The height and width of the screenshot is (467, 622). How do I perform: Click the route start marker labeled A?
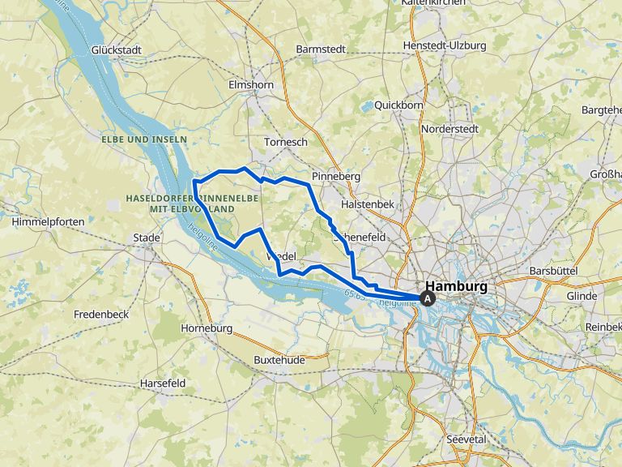(428, 298)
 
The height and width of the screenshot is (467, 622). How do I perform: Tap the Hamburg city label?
(457, 286)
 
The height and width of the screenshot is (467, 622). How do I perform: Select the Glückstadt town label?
(117, 49)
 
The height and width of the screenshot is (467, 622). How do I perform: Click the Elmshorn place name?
(251, 84)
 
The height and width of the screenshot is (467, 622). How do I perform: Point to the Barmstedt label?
(321, 49)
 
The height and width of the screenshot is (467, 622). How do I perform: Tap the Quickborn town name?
(398, 105)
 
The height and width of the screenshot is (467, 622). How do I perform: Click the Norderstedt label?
(449, 128)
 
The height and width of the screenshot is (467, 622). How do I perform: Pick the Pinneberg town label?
(336, 175)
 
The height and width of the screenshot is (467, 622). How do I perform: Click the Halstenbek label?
(368, 204)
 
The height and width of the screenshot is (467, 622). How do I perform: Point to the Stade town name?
(147, 238)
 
